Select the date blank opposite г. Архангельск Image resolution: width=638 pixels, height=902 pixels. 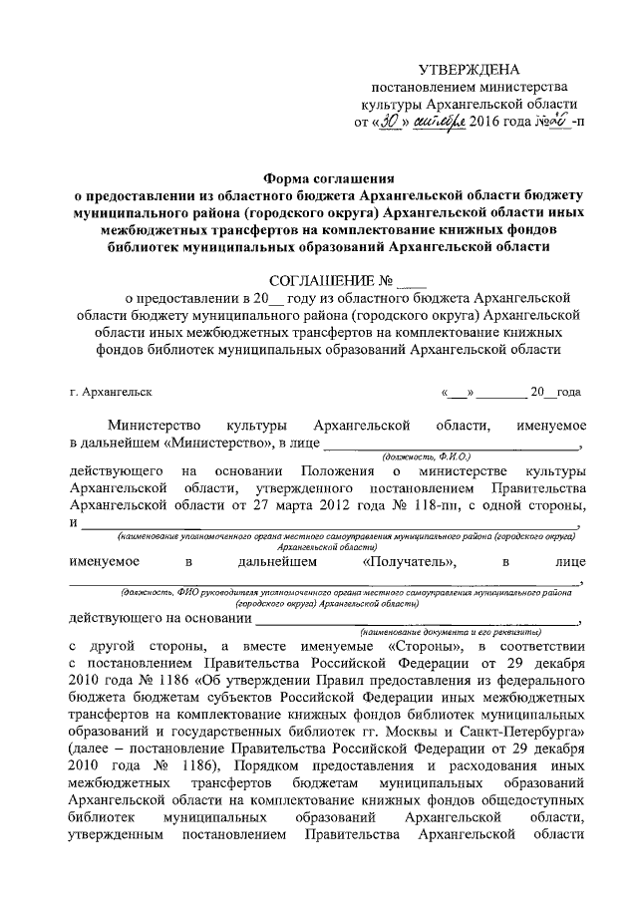pyautogui.click(x=510, y=393)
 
